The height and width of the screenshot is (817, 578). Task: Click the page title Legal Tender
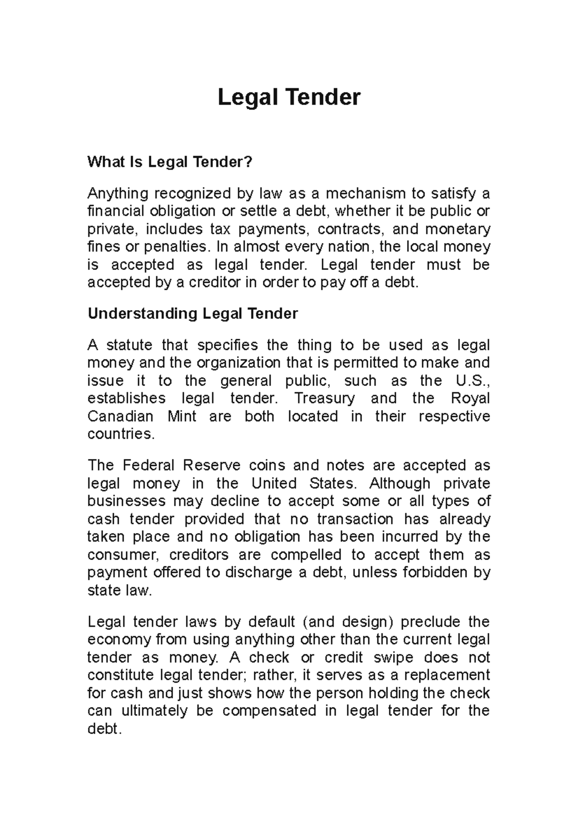pyautogui.click(x=289, y=98)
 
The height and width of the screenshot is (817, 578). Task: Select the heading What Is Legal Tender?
pyautogui.click(x=170, y=162)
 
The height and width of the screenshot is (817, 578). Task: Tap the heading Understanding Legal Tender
pyautogui.click(x=193, y=314)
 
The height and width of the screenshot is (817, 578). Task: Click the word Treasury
pyautogui.click(x=324, y=398)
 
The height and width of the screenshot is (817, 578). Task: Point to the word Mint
pyautogui.click(x=182, y=416)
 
